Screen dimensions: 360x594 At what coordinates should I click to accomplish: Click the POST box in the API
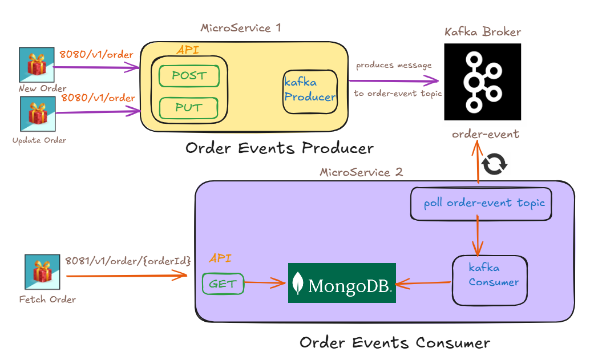[189, 76]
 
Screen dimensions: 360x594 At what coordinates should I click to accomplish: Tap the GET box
[223, 284]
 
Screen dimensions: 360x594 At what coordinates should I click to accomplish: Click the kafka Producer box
[310, 90]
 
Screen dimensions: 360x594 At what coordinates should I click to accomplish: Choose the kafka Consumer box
[490, 280]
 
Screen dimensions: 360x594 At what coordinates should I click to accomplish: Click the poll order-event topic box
[481, 203]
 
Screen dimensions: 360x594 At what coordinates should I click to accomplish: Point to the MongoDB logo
[342, 283]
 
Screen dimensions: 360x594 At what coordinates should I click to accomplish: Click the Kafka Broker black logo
[483, 82]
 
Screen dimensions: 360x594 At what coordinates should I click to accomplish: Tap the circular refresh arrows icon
[494, 164]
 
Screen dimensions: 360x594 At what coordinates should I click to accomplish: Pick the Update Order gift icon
[37, 114]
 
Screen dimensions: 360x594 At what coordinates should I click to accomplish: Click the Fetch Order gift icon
[42, 273]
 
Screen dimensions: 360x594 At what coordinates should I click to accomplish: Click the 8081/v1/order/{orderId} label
[127, 261]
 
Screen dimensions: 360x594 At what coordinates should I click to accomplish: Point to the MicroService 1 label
[241, 27]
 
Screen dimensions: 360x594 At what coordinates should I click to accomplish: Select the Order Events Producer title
[280, 148]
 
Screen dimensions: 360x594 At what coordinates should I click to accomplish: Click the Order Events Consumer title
[395, 343]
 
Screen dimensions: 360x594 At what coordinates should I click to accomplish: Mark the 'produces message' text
[394, 65]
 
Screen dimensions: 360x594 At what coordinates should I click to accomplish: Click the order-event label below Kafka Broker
[486, 134]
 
